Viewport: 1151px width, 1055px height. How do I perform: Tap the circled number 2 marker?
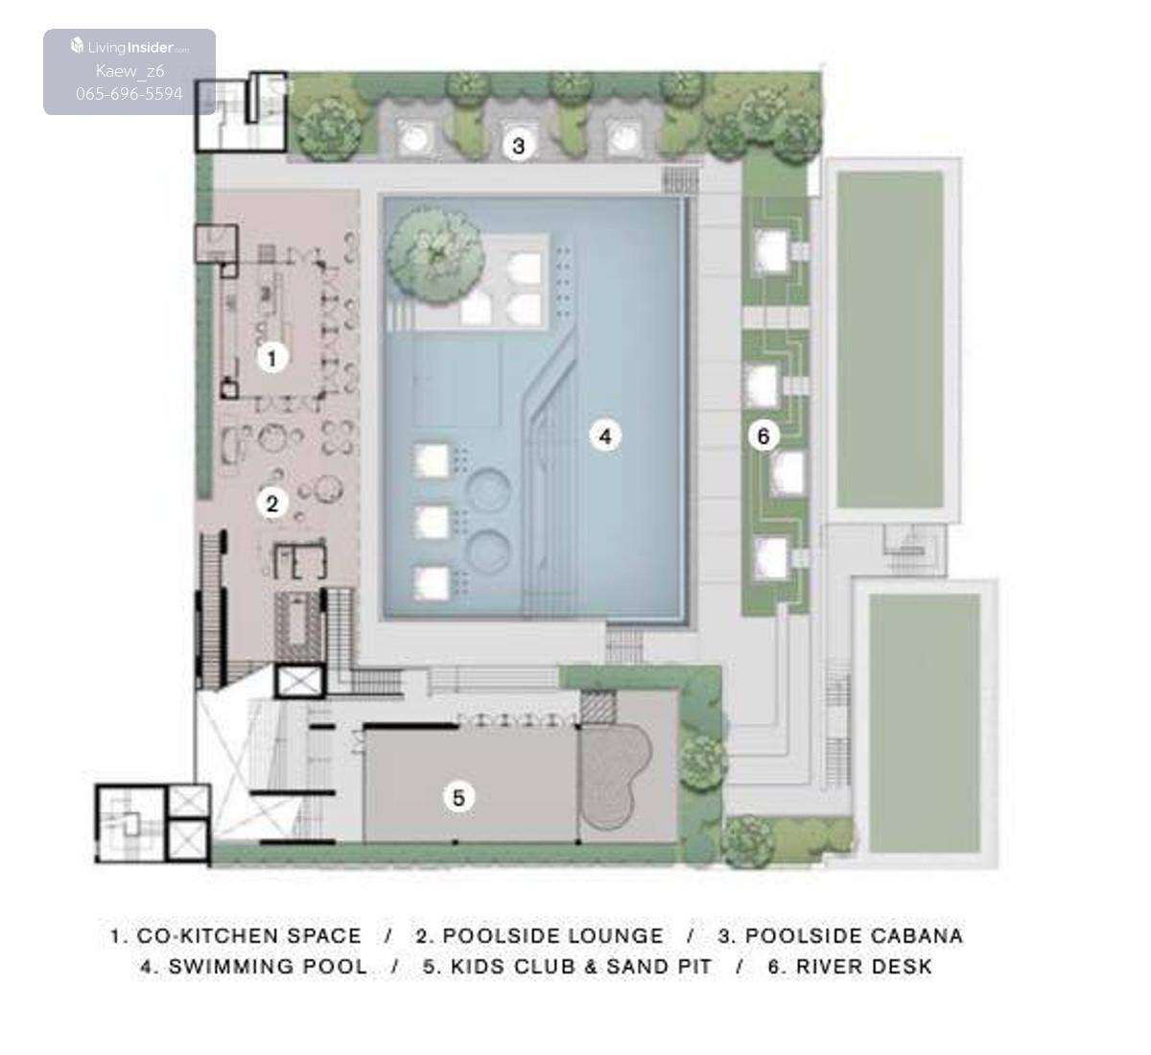272,504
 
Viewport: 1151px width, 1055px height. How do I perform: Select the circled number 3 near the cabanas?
518,146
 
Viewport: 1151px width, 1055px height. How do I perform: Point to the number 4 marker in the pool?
605,436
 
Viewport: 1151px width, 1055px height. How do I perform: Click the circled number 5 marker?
458,797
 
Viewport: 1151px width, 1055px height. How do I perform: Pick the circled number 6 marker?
763,435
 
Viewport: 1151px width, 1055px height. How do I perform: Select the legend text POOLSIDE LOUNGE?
553,936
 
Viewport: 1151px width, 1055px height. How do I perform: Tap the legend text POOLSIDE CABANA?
854,936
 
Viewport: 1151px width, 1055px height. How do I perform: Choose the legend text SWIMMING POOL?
268,967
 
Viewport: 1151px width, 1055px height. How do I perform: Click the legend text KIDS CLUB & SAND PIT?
580,967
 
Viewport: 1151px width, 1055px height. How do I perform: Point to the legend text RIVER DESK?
864,967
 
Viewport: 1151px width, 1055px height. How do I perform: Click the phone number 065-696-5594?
129,94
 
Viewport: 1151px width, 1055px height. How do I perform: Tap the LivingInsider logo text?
129,47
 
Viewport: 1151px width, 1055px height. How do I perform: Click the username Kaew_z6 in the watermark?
129,71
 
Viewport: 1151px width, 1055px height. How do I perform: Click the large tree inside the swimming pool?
435,254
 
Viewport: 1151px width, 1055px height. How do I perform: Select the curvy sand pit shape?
615,776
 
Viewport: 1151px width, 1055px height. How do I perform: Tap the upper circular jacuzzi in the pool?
487,490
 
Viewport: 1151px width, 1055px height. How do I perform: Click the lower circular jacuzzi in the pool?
487,553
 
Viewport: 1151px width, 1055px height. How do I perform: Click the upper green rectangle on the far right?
890,340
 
